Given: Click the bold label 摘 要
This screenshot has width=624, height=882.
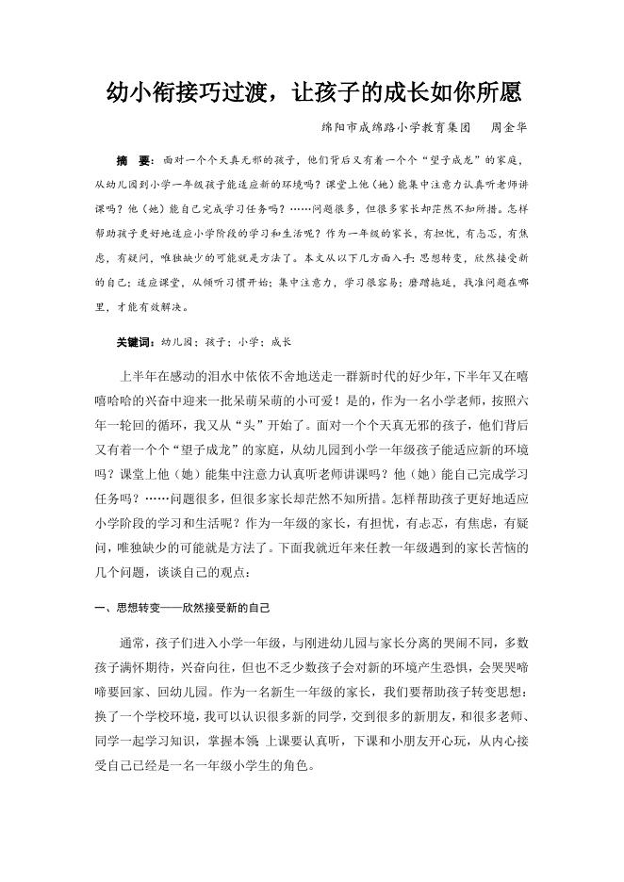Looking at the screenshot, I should coord(137,161).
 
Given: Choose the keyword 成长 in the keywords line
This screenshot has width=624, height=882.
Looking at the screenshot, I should coord(281,341).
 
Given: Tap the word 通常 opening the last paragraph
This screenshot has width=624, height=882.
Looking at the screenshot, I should coord(131,643).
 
